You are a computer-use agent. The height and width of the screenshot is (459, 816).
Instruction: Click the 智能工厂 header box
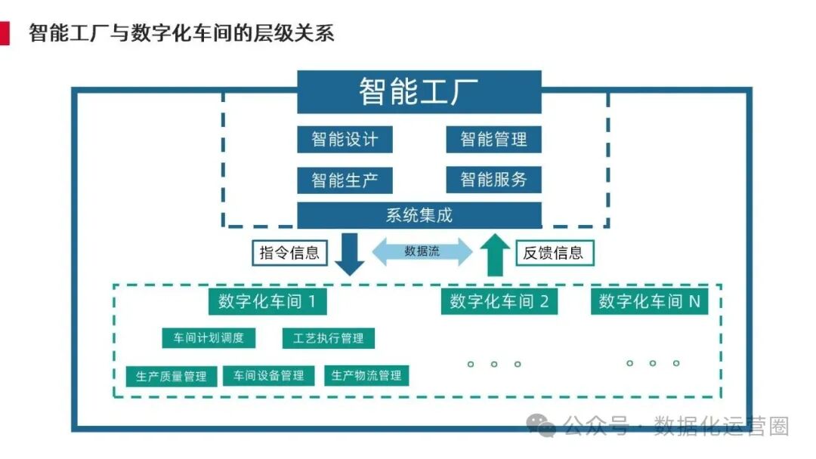click(x=419, y=91)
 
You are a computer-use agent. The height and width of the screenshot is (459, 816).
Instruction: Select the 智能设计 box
click(x=345, y=139)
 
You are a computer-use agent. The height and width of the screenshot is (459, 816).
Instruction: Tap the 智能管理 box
click(x=493, y=139)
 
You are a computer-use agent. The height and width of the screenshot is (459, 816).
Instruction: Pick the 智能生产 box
click(x=345, y=180)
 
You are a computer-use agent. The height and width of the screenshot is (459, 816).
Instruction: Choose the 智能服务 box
click(x=493, y=180)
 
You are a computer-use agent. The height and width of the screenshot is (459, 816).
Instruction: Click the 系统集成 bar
click(x=419, y=215)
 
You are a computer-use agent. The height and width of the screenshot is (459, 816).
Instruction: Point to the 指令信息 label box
click(x=289, y=253)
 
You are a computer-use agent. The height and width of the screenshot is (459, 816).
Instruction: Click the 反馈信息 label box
click(x=553, y=253)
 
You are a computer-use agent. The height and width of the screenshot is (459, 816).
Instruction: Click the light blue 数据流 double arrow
click(x=422, y=251)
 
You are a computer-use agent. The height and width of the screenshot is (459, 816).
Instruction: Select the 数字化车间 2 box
click(x=499, y=302)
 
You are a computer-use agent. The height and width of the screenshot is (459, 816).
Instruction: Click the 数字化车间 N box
click(x=649, y=302)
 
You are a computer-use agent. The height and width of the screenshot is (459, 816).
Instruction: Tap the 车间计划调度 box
click(x=209, y=337)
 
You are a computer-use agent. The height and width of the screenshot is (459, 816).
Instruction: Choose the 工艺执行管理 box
click(x=328, y=337)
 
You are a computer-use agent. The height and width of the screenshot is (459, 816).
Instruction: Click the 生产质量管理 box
click(x=172, y=375)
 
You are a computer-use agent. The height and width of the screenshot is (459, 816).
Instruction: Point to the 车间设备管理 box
click(x=268, y=375)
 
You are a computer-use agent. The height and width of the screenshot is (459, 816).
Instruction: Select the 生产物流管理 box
click(x=366, y=375)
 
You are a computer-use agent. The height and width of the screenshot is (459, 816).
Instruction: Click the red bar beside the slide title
click(x=5, y=32)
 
